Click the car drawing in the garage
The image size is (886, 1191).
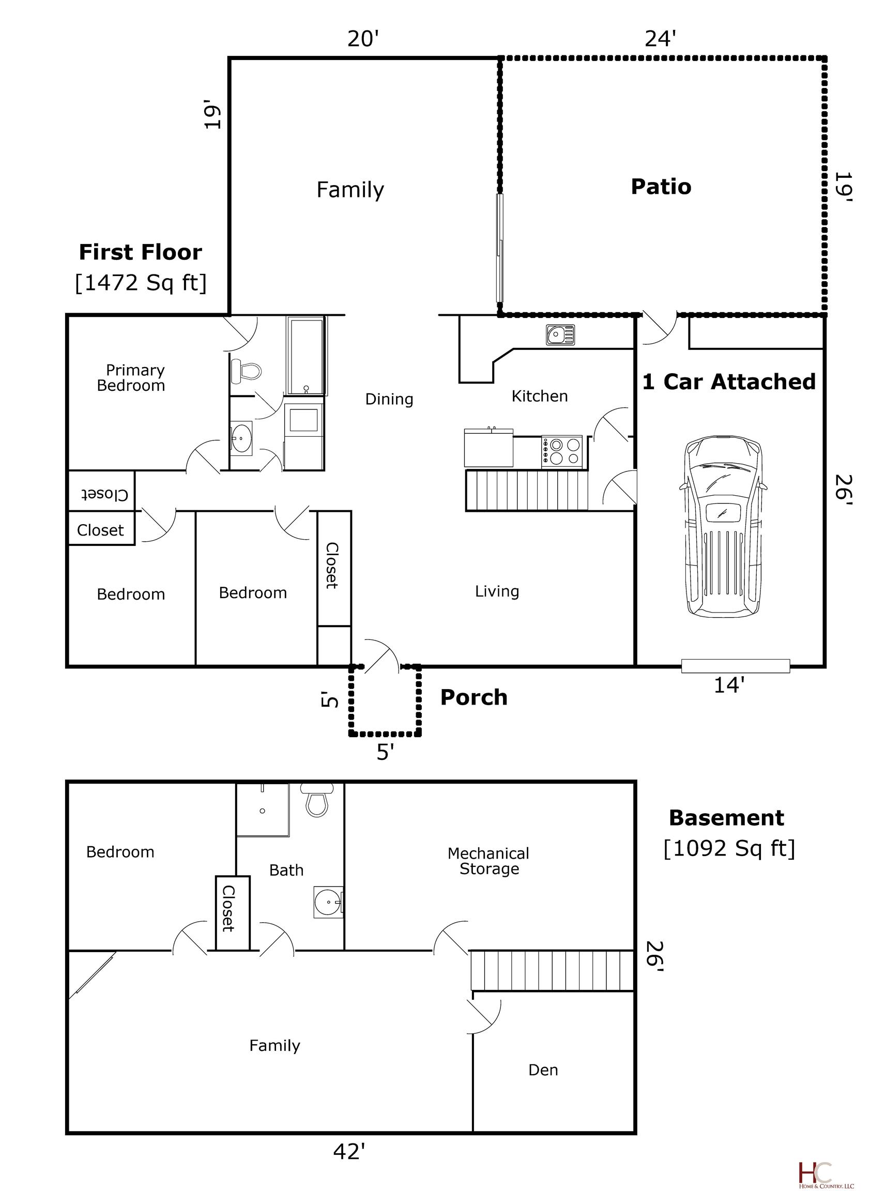[723, 526]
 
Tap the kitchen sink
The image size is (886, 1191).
[560, 335]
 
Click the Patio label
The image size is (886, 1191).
[661, 187]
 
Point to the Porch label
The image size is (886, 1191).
[473, 697]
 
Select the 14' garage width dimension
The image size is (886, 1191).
[729, 685]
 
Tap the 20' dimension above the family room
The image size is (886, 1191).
[363, 39]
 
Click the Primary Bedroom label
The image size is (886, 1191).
[131, 377]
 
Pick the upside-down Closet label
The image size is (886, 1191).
[104, 494]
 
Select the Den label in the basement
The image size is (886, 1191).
[543, 1070]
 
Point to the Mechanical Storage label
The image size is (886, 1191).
[488, 861]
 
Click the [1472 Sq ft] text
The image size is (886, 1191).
[141, 283]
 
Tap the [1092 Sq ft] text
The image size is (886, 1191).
[729, 848]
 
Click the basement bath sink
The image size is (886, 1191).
[327, 902]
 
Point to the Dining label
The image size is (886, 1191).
[389, 399]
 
